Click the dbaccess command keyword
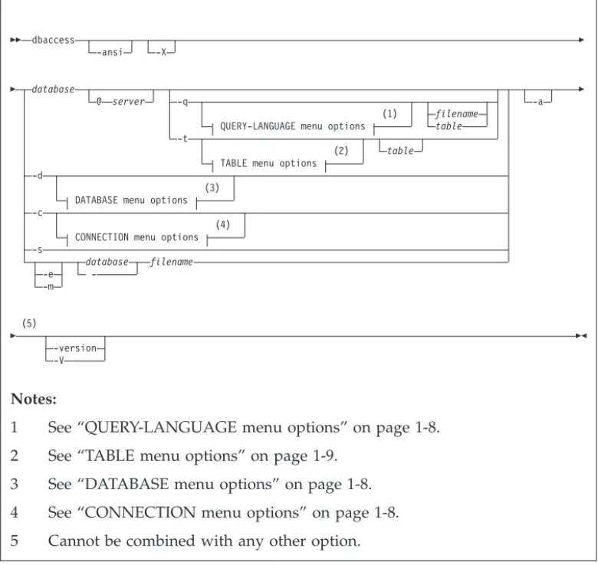53,40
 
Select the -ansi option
110,52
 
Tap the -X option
162,52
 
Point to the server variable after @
129,102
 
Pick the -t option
182,139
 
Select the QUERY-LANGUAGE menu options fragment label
293,126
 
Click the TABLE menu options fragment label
268,163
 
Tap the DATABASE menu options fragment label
131,201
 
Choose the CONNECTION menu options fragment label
136,237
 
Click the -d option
38,175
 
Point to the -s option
38,250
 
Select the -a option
537,102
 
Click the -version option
75,348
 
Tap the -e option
48,274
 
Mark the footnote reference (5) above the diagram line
29,323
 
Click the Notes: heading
34,399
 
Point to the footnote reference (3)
212,188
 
